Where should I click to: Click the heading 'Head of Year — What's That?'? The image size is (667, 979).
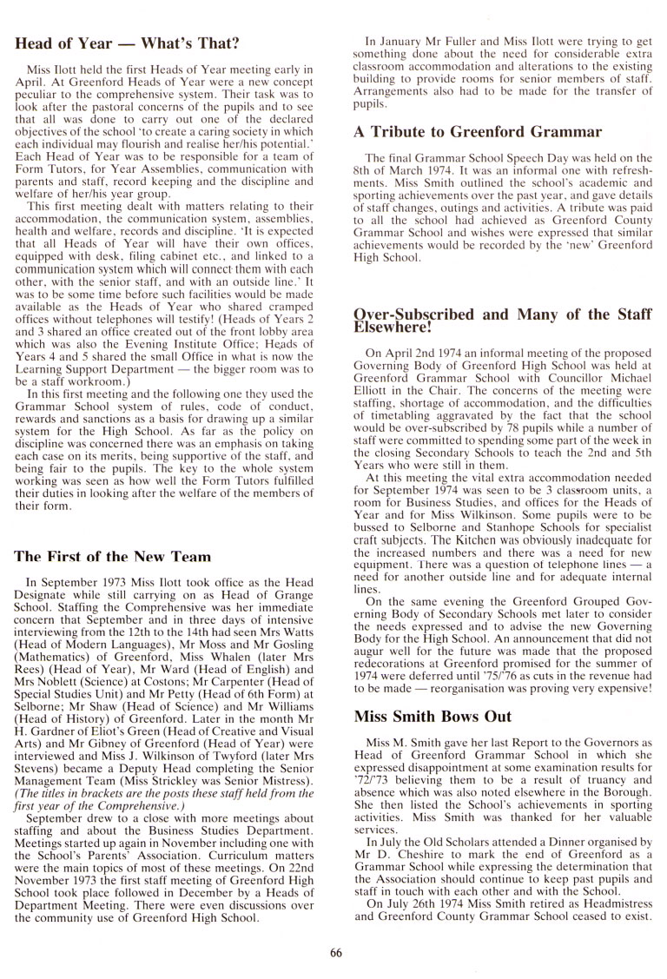click(128, 43)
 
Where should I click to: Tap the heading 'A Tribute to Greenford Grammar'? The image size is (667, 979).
click(478, 132)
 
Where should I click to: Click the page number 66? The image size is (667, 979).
click(337, 953)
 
